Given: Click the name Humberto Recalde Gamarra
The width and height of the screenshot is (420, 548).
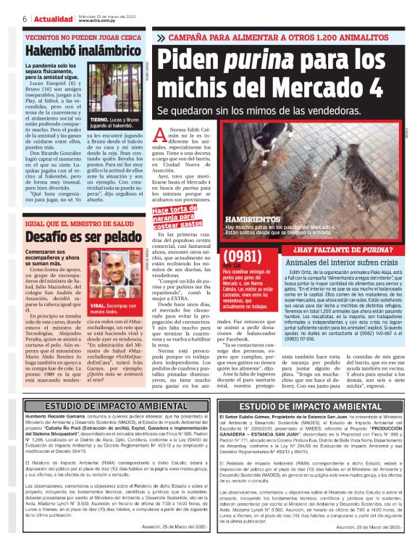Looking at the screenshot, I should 51,418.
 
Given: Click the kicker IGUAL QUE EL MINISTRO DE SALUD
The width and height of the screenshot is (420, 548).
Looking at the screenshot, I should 72,223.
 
